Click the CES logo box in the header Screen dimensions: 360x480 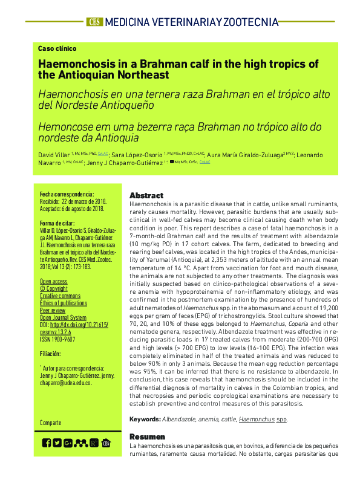pyautogui.click(x=94, y=22)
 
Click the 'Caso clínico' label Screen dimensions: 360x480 pyautogui.click(x=57, y=48)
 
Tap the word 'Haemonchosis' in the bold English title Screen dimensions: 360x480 pyautogui.click(x=71, y=63)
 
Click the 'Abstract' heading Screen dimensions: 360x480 pyautogui.click(x=146, y=196)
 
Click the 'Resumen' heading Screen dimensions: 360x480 pyautogui.click(x=147, y=436)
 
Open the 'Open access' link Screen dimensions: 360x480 pyautogui.click(x=53, y=282)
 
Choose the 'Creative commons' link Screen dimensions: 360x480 pyautogui.click(x=60, y=296)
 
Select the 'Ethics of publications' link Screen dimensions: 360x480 pyautogui.click(x=63, y=303)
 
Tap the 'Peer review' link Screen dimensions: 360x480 pyautogui.click(x=53, y=311)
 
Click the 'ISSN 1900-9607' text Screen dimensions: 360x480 pyautogui.click(x=57, y=340)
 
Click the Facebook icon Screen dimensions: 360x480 pyautogui.click(x=47, y=443)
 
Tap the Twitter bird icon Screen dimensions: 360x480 pyautogui.click(x=57, y=443)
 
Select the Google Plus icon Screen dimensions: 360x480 pyautogui.click(x=68, y=443)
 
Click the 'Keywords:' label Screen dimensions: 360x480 pyautogui.click(x=145, y=419)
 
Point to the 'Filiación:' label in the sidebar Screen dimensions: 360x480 pyautogui.click(x=50, y=354)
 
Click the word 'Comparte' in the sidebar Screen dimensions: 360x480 pyautogui.click(x=51, y=423)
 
